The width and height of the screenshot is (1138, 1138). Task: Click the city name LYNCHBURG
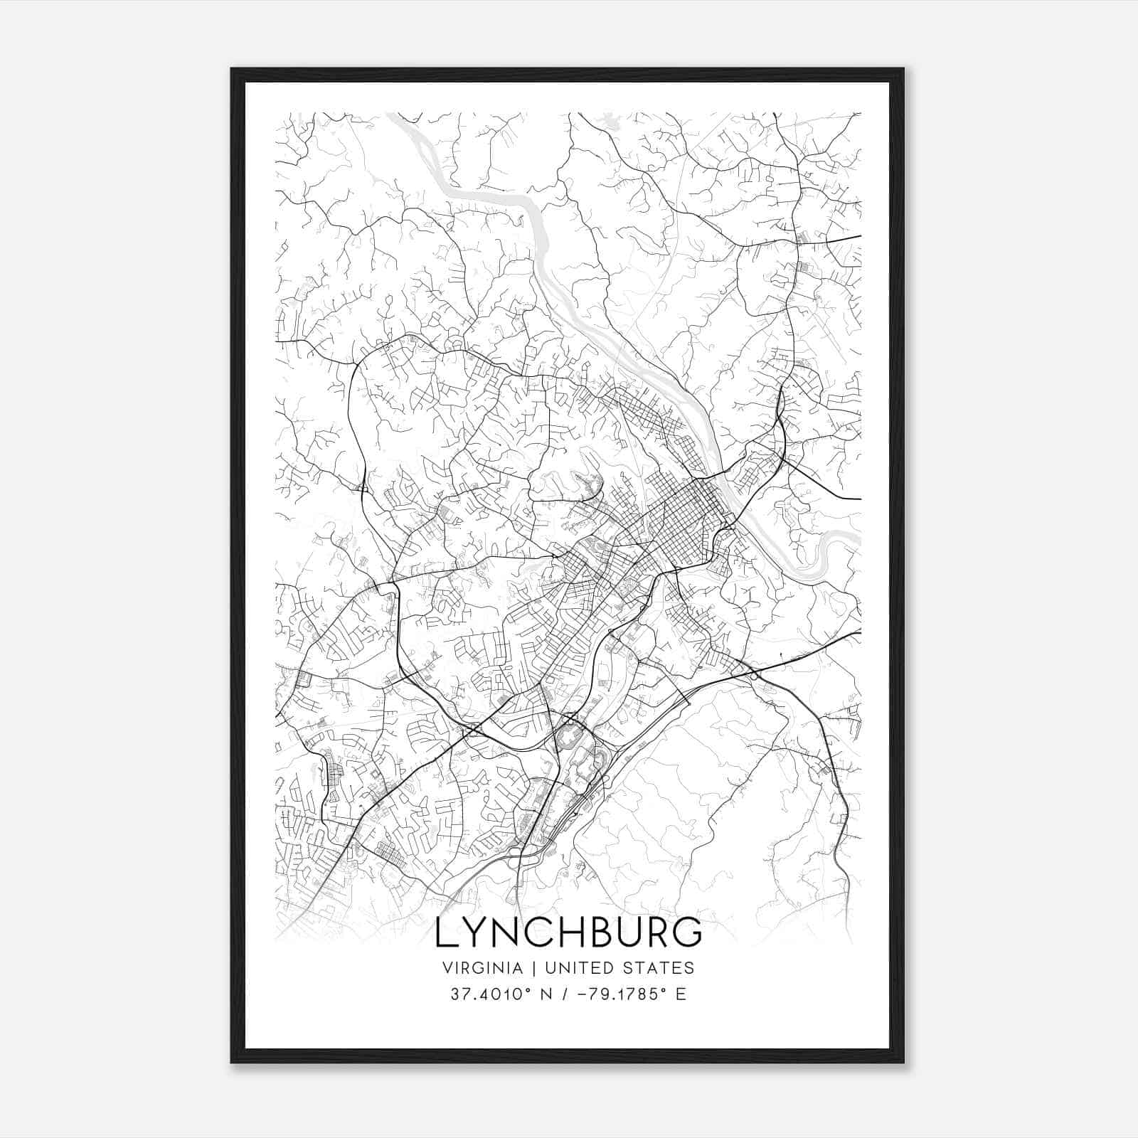click(x=568, y=932)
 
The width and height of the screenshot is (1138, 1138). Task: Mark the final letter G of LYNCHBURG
click(x=686, y=932)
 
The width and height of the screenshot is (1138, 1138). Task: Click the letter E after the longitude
click(x=681, y=994)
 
